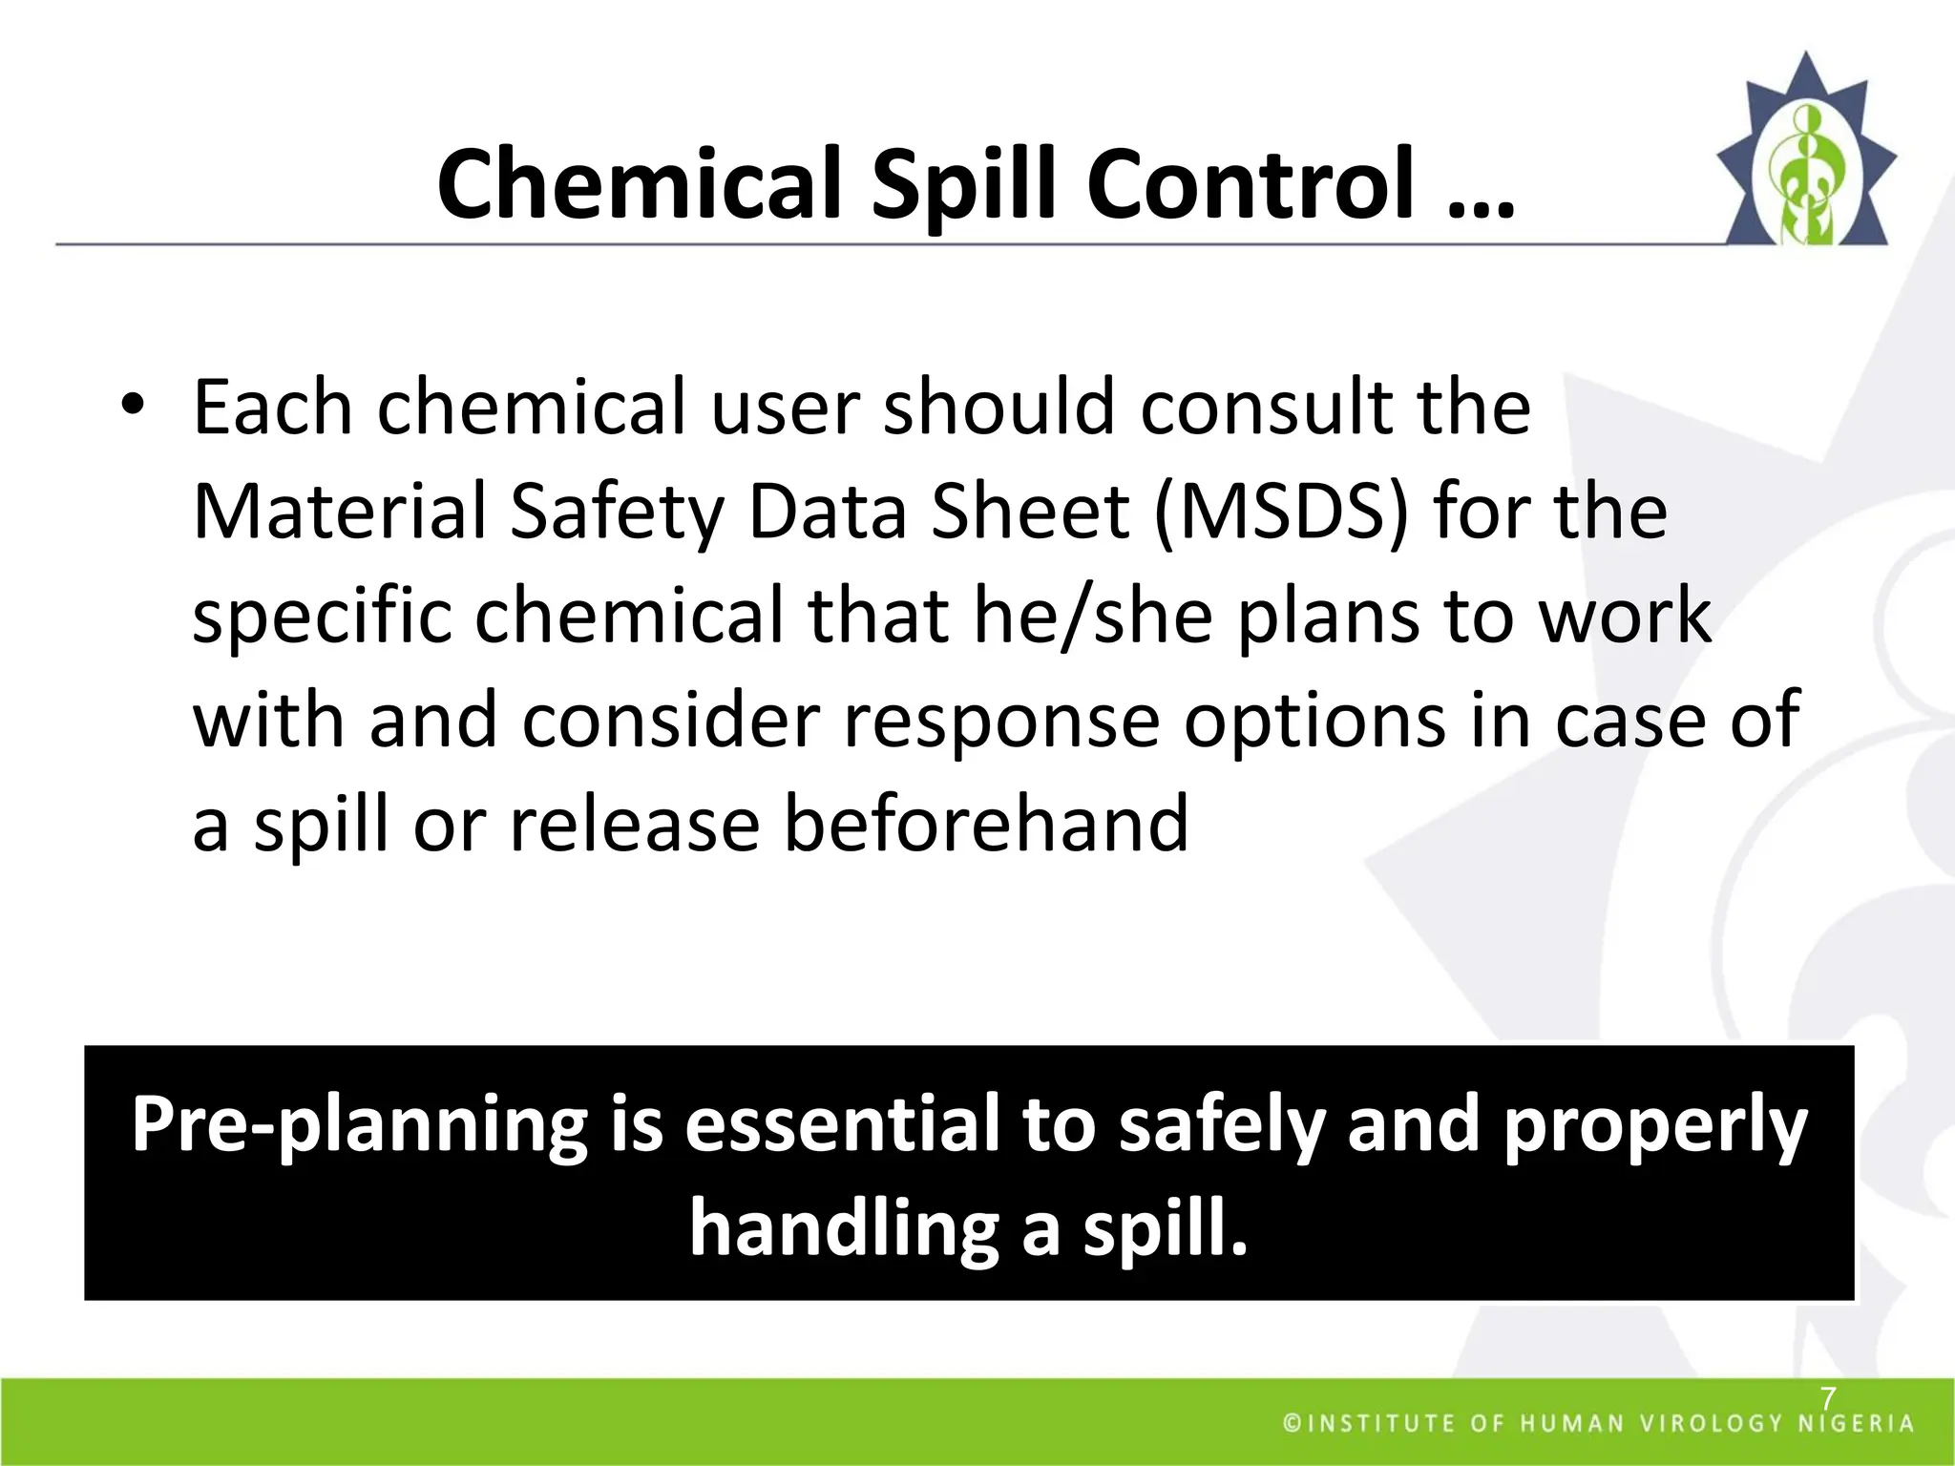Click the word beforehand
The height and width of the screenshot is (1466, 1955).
coord(986,824)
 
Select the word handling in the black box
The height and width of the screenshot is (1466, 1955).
coord(843,1229)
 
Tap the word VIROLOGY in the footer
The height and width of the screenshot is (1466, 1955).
coord(1712,1424)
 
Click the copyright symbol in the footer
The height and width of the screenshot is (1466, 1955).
coord(1293,1424)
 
